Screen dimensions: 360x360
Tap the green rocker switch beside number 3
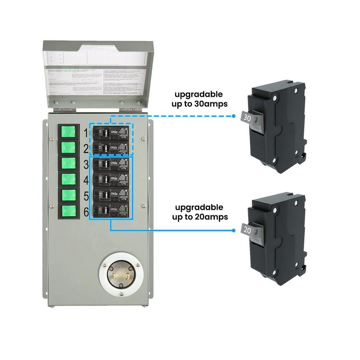(x=69, y=163)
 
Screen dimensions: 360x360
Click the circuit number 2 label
(x=86, y=148)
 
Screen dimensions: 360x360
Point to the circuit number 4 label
(x=86, y=181)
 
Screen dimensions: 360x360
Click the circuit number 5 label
(x=86, y=196)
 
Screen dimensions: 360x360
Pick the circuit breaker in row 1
(x=111, y=132)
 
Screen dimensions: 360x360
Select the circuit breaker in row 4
(x=111, y=180)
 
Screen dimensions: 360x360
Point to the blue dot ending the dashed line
(x=234, y=116)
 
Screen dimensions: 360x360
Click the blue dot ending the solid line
(x=234, y=230)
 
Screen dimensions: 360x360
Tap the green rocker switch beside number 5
(x=69, y=195)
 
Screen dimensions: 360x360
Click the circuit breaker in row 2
(x=111, y=148)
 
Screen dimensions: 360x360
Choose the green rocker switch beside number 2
(x=69, y=148)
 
